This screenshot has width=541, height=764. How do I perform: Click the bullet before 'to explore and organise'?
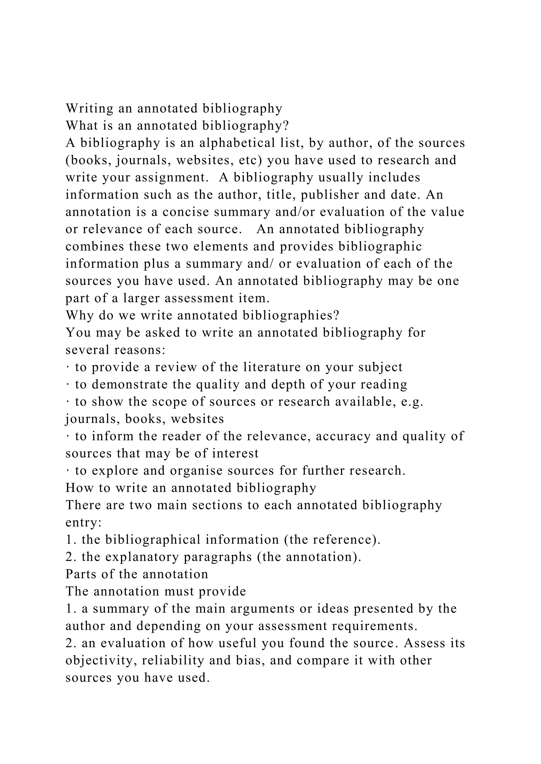pos(68,471)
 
